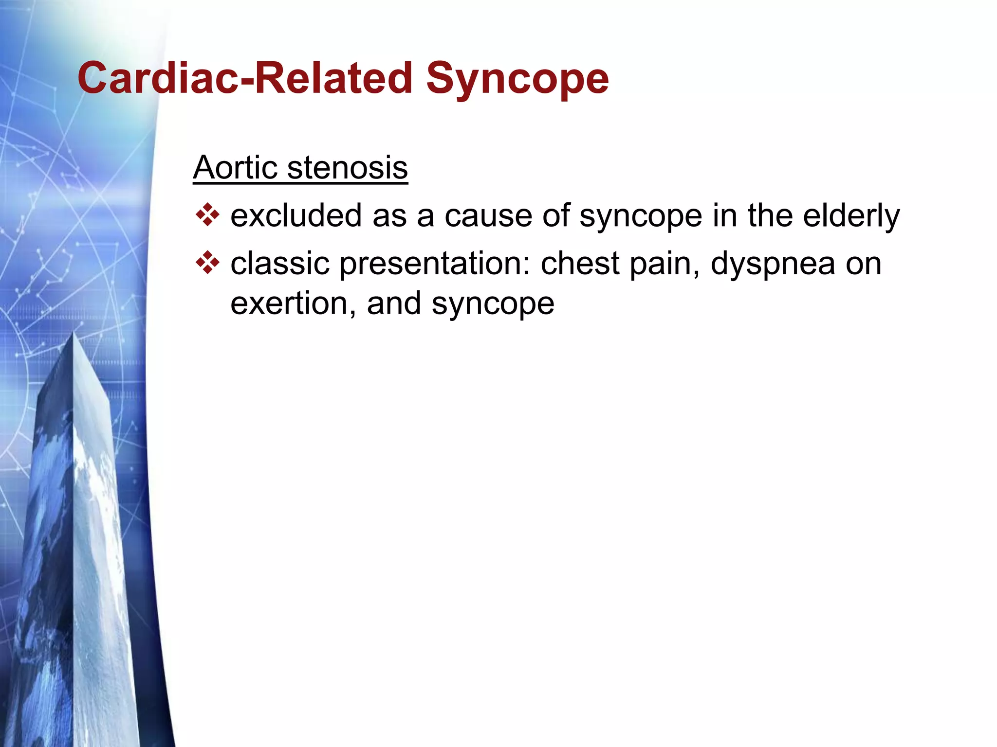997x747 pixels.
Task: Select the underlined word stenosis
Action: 347,167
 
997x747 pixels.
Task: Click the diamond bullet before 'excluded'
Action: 207,215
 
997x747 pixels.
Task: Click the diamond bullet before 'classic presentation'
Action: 207,263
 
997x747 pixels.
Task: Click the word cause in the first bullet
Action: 488,216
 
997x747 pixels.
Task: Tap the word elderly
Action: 851,216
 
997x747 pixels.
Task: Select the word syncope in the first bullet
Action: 641,217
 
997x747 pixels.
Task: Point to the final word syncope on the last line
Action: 493,304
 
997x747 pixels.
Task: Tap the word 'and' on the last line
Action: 393,303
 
